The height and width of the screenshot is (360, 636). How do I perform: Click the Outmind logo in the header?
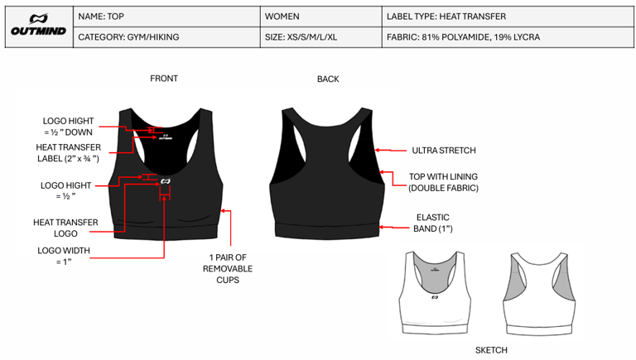pos(38,26)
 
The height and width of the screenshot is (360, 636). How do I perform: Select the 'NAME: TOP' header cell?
pos(103,17)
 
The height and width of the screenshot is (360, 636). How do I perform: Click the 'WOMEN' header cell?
pos(282,17)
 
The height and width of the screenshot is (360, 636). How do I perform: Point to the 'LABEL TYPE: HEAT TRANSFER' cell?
pos(446,17)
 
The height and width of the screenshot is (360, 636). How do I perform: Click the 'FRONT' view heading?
pos(164,79)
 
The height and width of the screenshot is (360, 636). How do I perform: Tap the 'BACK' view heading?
pos(328,79)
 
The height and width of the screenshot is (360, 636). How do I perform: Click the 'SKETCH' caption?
pos(491,350)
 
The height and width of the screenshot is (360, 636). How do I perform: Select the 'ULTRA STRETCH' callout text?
pos(444,151)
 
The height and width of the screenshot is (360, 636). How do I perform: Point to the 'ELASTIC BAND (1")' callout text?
pos(432,223)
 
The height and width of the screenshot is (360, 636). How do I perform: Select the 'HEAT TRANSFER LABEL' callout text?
pos(68,152)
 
